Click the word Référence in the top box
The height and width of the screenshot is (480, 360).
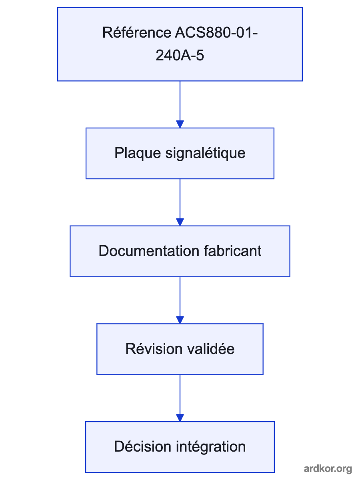point(137,32)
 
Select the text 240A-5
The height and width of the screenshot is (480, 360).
point(180,55)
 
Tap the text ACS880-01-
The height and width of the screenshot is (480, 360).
point(216,32)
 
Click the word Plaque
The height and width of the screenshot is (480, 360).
point(138,153)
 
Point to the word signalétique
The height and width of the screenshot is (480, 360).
point(205,153)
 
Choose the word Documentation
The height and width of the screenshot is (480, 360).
point(149,251)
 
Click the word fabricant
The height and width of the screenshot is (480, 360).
point(232,251)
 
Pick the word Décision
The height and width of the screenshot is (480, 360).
point(142,446)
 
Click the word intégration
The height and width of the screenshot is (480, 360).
point(211,447)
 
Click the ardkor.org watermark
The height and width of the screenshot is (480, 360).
point(328,469)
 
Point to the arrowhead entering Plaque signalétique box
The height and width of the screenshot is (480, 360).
point(180,124)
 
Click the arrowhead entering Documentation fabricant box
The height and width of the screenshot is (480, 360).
point(180,222)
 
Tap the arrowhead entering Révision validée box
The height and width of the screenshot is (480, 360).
point(180,320)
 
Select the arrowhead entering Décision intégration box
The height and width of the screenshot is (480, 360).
point(180,418)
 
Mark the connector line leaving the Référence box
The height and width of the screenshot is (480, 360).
point(180,101)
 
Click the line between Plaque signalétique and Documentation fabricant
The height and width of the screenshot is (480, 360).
point(180,199)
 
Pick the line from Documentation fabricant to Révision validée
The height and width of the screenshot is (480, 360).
point(180,296)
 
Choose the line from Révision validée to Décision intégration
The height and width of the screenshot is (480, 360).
point(180,394)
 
